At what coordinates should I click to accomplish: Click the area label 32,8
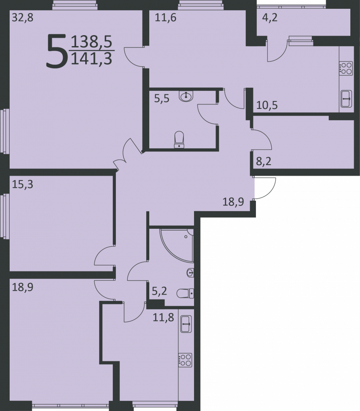[x=23, y=18]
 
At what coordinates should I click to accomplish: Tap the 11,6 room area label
[x=166, y=18]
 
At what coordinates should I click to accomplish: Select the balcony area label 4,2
[x=270, y=18]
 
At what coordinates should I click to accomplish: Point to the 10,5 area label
[x=267, y=105]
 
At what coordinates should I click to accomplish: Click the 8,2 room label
[x=263, y=161]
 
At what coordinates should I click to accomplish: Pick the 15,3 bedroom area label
[x=23, y=184]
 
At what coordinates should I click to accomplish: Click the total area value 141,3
[x=92, y=59]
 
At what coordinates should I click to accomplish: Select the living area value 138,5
[x=92, y=42]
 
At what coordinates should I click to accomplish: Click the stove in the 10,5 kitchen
[x=346, y=68]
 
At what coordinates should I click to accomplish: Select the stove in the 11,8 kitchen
[x=185, y=360]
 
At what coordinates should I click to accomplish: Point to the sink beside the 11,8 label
[x=186, y=324]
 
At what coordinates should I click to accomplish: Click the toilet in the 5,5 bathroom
[x=180, y=140]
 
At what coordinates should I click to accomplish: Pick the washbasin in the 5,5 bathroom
[x=186, y=96]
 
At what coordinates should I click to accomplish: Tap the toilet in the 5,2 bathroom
[x=185, y=293]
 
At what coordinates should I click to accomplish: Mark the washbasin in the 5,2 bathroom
[x=190, y=273]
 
